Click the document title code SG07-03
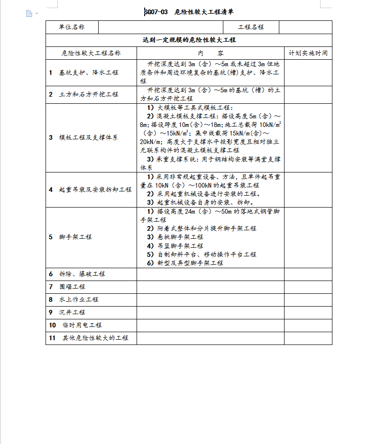click(x=156, y=12)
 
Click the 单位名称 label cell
click(x=72, y=27)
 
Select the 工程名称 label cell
click(x=251, y=27)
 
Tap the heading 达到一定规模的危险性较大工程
click(x=189, y=40)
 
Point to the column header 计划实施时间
click(x=308, y=53)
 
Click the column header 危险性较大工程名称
click(x=91, y=53)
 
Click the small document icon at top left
click(x=29, y=13)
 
